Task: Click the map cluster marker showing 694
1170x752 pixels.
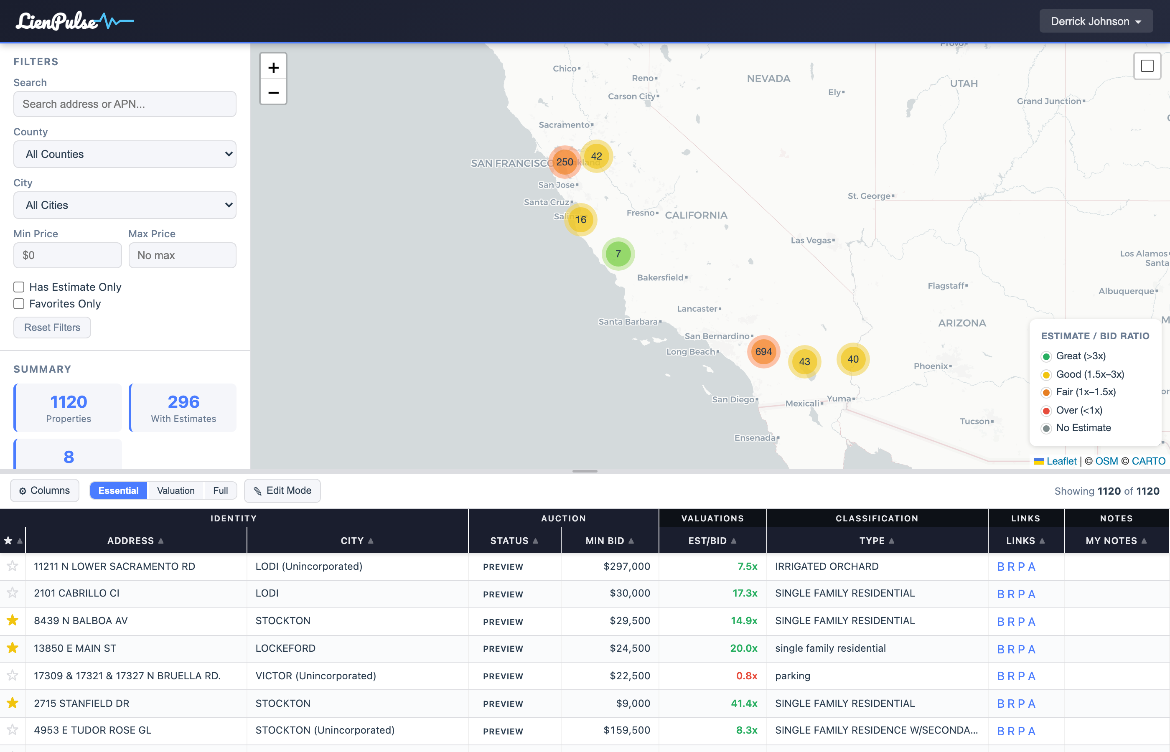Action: coord(763,352)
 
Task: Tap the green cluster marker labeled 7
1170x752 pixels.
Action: coord(618,254)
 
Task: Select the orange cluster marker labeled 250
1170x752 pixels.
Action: coord(565,162)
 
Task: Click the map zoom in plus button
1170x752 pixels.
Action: coord(273,67)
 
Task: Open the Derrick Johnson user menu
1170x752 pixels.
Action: coord(1095,21)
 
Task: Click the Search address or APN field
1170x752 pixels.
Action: coord(125,104)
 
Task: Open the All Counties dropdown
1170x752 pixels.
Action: coord(125,154)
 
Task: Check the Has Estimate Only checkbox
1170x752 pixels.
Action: coord(19,287)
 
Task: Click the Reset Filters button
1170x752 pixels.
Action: coord(52,328)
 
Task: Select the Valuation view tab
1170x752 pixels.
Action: coord(176,491)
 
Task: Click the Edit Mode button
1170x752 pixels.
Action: coord(282,491)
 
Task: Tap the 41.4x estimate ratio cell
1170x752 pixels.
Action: coord(744,704)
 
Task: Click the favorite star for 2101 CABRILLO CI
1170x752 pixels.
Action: coord(13,593)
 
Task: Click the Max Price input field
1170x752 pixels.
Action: coord(182,255)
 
